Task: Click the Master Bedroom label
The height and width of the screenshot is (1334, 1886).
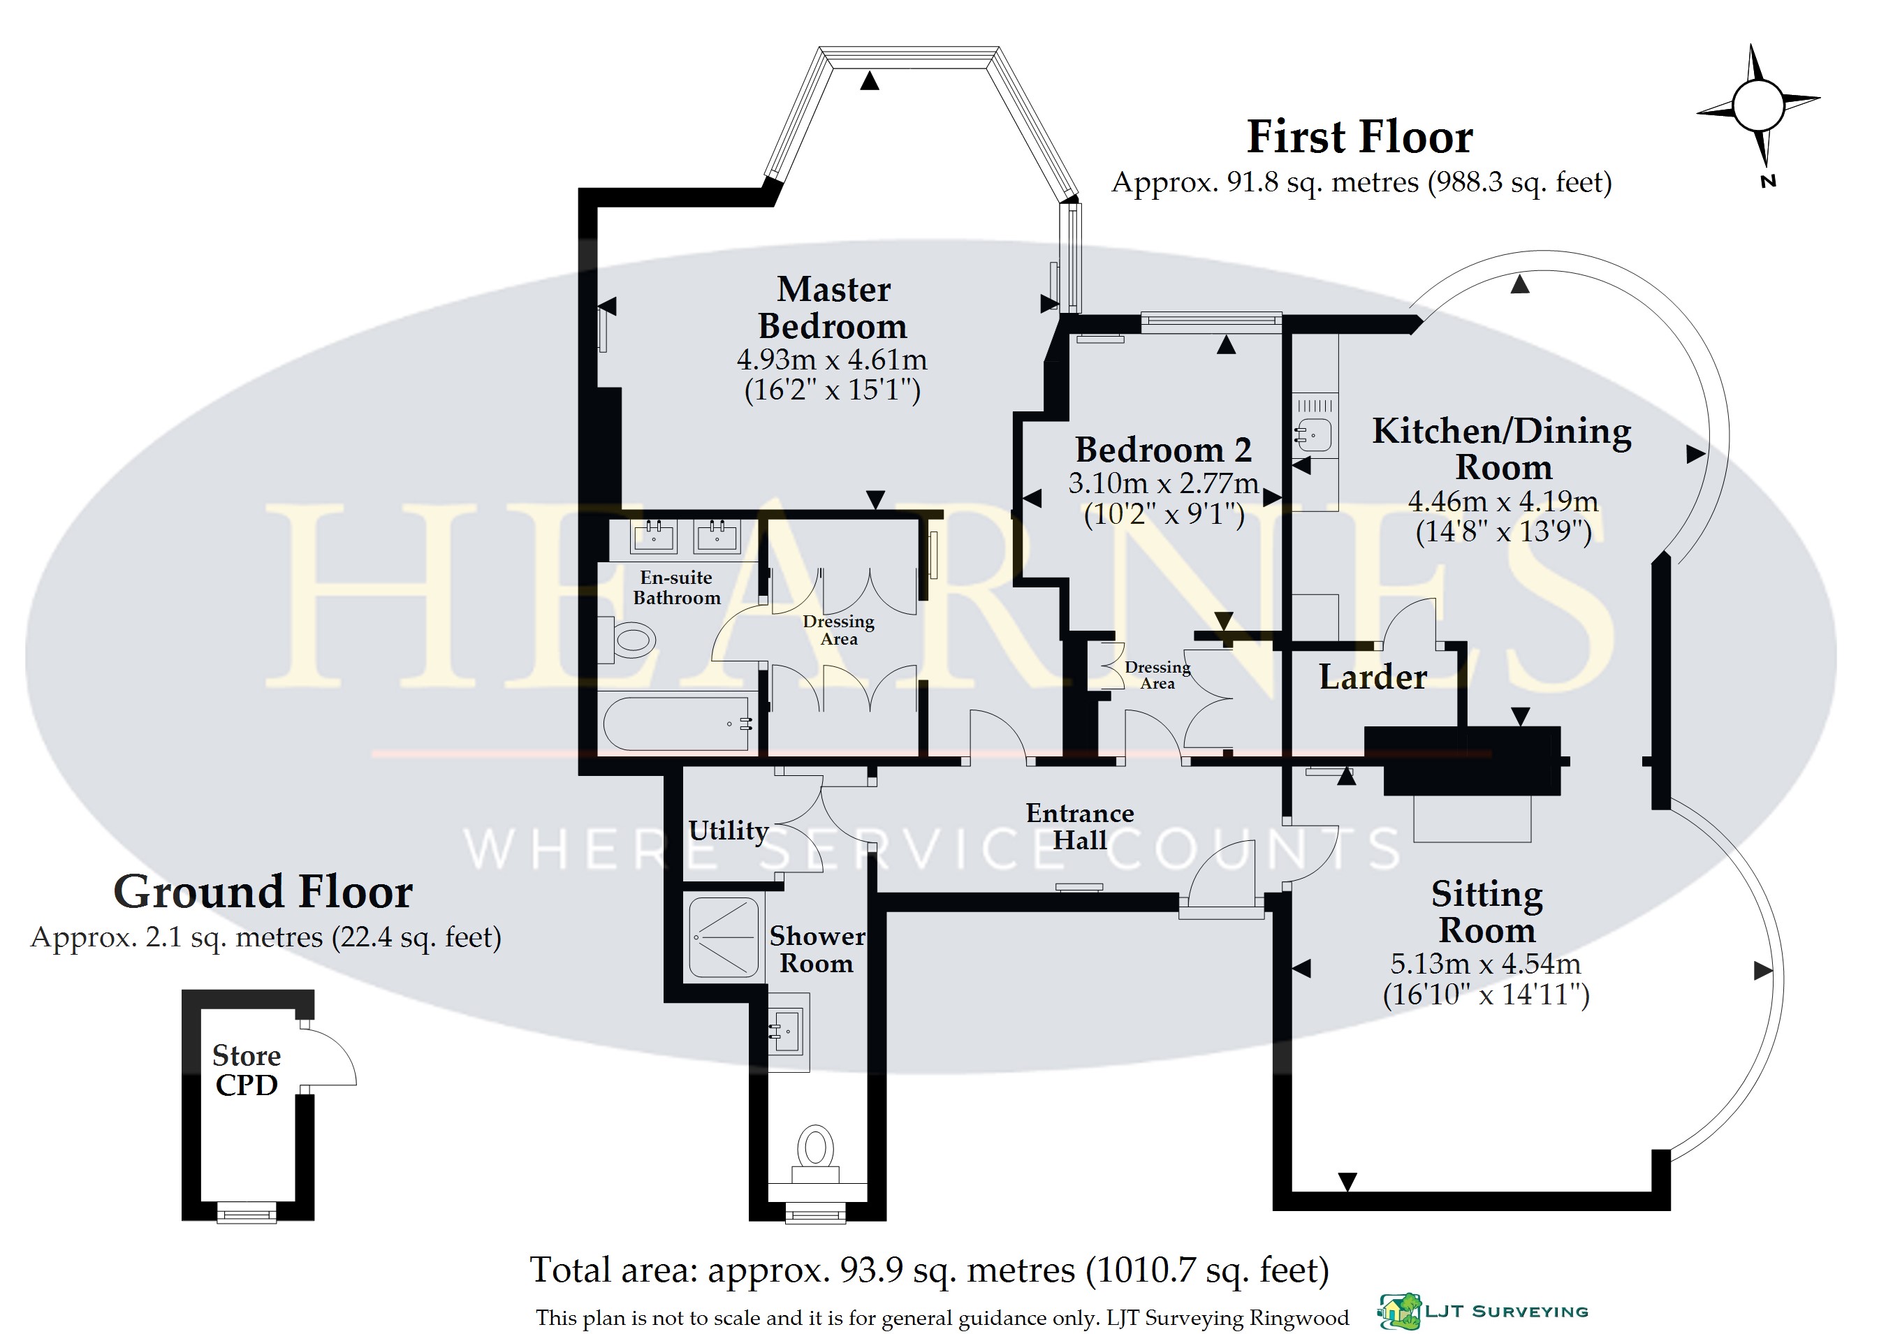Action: pyautogui.click(x=833, y=308)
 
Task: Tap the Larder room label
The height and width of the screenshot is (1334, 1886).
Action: pyautogui.click(x=1373, y=677)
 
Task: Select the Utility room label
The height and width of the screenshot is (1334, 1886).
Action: pyautogui.click(x=729, y=830)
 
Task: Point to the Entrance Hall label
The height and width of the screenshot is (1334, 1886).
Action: pyautogui.click(x=1080, y=826)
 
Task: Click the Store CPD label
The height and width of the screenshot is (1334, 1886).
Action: pyautogui.click(x=247, y=1069)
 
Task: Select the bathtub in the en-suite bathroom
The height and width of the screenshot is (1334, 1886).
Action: pyautogui.click(x=677, y=723)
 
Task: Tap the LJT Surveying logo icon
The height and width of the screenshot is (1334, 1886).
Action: pyautogui.click(x=1400, y=1312)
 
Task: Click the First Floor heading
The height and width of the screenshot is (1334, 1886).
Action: pyautogui.click(x=1359, y=136)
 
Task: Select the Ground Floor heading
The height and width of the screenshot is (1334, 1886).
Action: pyautogui.click(x=263, y=892)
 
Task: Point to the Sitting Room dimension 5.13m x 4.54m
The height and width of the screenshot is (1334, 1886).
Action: pyautogui.click(x=1486, y=964)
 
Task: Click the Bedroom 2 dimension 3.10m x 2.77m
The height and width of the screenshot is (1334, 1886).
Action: pyautogui.click(x=1164, y=483)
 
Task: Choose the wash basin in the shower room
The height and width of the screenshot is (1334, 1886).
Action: pyautogui.click(x=789, y=1032)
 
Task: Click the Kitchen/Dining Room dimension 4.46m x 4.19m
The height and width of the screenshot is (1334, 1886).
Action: pyautogui.click(x=1503, y=501)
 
